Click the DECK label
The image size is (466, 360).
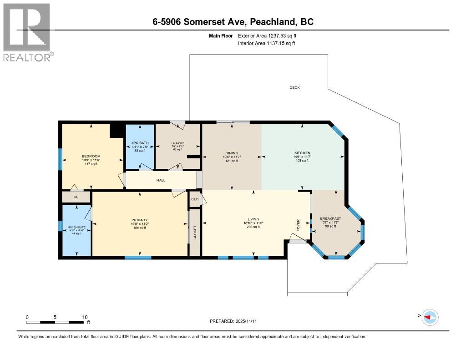point(294,87)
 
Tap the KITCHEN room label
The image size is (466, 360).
point(302,153)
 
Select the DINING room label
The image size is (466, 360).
point(232,153)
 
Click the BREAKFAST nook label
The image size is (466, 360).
point(330,218)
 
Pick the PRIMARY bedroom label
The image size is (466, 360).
point(140,220)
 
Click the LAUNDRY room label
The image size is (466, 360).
point(177,143)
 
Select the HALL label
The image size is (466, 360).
point(161,180)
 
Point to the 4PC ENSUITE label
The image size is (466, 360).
point(76,227)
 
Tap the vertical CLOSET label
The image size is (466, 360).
point(195,232)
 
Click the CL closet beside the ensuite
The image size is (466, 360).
point(76,197)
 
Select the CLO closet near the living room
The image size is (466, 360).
point(194,199)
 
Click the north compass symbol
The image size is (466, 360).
point(430,317)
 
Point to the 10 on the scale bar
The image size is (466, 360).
point(84,317)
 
